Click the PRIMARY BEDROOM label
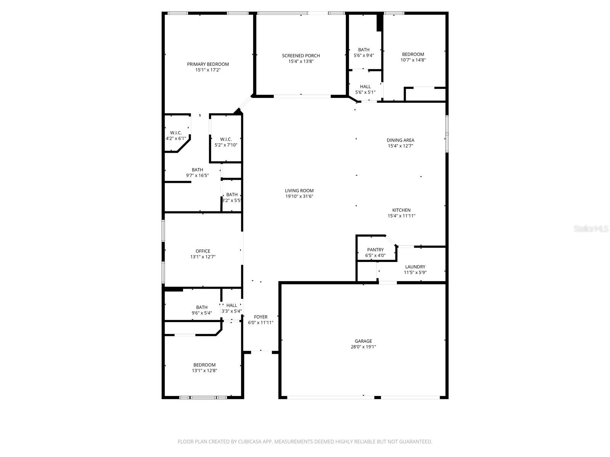tap(208, 64)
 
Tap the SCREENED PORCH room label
tap(301, 56)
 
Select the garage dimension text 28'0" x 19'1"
tap(363, 347)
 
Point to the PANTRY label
tap(376, 250)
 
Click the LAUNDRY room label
tap(415, 267)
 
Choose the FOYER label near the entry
tap(261, 317)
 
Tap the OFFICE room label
tap(203, 251)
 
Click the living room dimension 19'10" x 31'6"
tap(299, 197)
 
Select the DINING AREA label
tap(400, 140)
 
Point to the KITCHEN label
tap(401, 210)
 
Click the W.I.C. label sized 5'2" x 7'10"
tap(226, 139)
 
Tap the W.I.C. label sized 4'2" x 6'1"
tap(176, 133)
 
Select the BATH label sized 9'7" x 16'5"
tap(197, 170)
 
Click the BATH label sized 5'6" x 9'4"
tap(364, 50)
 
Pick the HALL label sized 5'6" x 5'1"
tap(365, 86)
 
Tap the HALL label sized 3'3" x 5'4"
tap(231, 305)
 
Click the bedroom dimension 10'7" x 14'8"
tap(413, 60)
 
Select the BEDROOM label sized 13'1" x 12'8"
tap(204, 364)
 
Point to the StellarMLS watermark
tap(591, 229)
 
